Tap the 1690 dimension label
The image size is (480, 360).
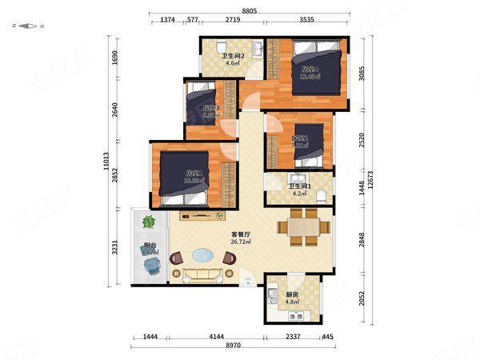[115, 58]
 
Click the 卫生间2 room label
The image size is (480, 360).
[233, 55]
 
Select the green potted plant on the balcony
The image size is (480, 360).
[148, 221]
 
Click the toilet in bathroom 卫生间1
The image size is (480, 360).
[321, 195]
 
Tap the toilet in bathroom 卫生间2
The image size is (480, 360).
[216, 46]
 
